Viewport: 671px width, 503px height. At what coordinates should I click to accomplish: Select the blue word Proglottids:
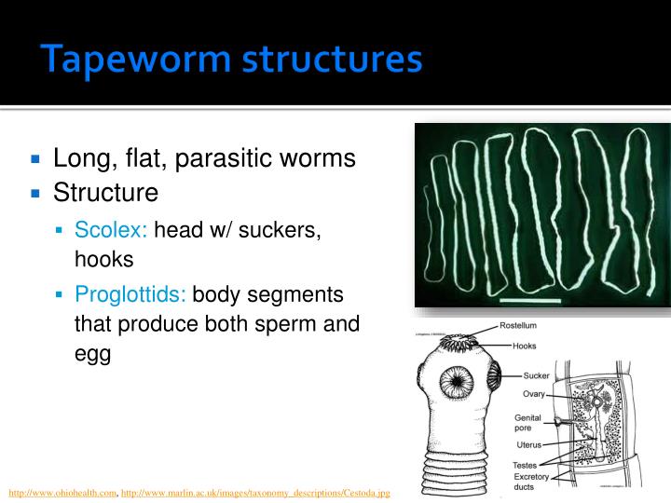click(130, 295)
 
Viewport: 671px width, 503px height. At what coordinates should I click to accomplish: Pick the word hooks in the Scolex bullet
click(104, 260)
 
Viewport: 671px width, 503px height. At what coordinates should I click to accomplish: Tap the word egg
click(92, 355)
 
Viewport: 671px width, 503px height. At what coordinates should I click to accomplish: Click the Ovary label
click(533, 394)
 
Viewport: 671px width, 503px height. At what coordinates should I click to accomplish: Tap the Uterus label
click(528, 445)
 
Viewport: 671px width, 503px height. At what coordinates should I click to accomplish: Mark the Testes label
click(524, 465)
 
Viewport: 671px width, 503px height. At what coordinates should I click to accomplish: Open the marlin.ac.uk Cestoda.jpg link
click(255, 492)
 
